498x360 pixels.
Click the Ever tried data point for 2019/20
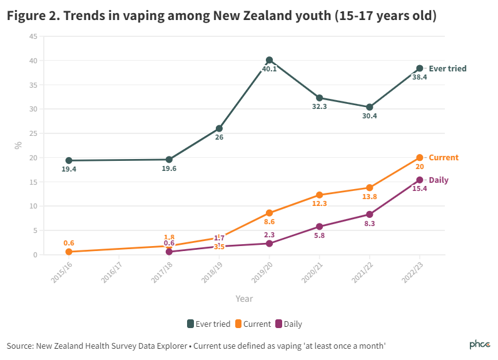269,60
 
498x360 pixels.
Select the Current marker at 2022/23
419,158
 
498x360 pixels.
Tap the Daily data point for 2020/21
319,227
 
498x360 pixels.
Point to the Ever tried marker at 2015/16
69,160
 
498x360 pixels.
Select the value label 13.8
369,197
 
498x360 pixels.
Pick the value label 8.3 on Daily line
369,224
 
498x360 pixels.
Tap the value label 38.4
419,78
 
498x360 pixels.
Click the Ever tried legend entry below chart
209,324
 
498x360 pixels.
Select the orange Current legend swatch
238,324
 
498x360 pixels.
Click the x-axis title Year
244,299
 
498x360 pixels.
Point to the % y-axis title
19,145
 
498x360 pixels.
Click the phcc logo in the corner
480,345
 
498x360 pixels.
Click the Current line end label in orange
443,158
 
